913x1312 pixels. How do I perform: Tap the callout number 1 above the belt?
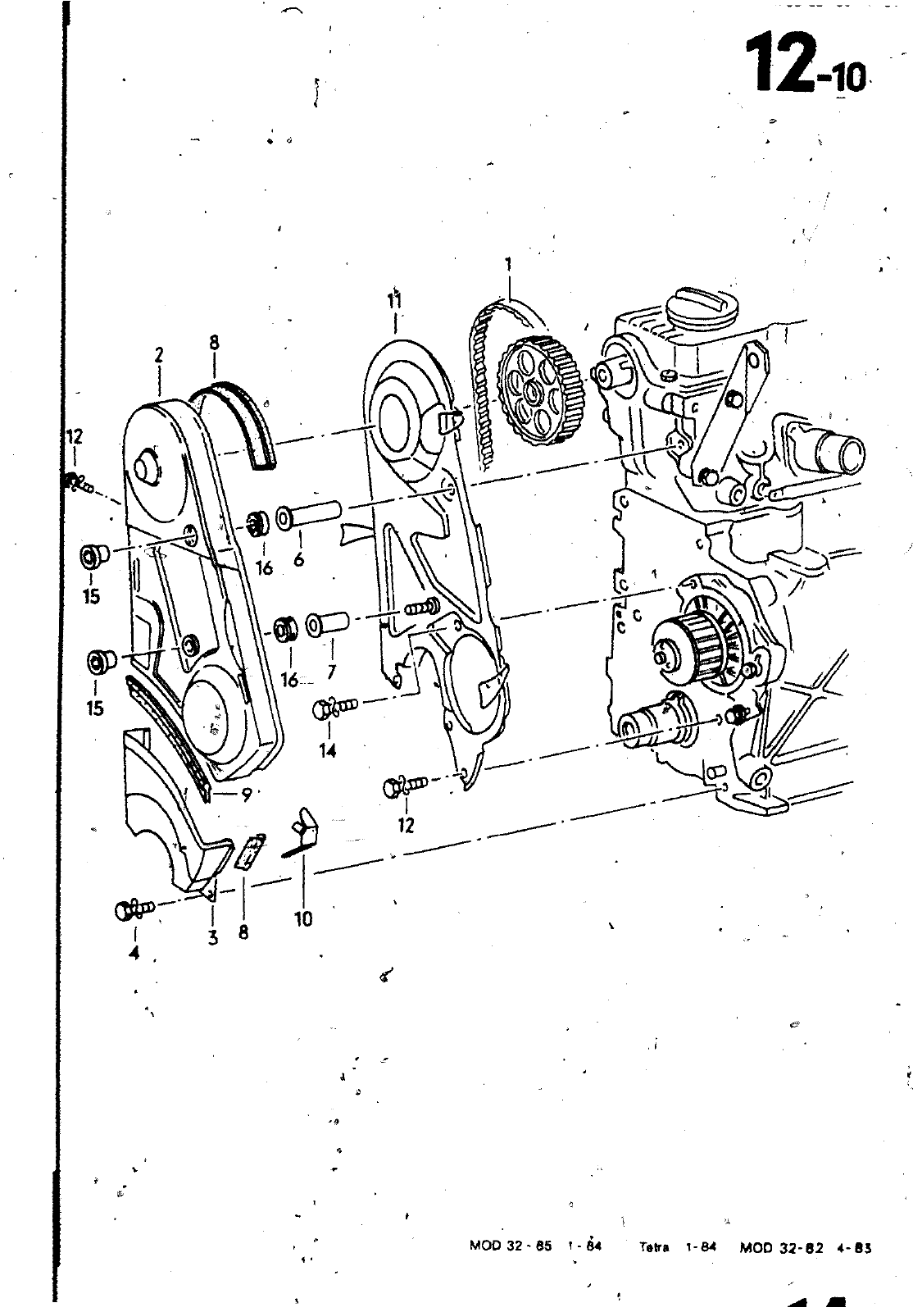pos(508,265)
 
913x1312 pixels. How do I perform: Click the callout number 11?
pos(395,303)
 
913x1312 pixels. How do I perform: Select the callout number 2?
pos(159,355)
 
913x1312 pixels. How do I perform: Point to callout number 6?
pos(298,558)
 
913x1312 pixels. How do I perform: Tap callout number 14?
pos(328,749)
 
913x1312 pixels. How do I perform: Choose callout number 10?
pos(303,918)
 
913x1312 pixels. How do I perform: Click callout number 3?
pos(213,937)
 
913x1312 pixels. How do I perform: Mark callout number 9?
pos(245,793)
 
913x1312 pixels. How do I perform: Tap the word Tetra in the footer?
pos(654,1247)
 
